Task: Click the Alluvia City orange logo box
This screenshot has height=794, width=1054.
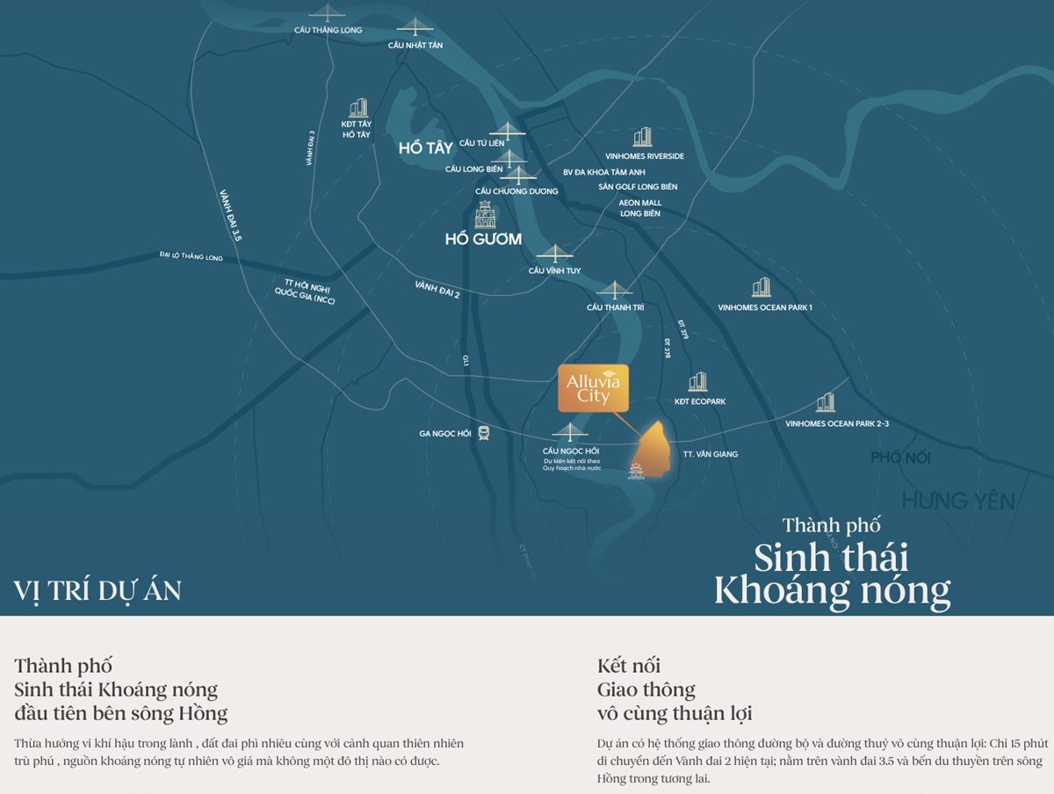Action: tap(593, 387)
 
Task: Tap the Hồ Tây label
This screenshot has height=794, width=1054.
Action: tap(425, 148)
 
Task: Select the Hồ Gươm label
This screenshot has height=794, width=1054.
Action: tap(483, 239)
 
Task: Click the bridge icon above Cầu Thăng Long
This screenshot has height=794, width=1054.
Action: tap(328, 13)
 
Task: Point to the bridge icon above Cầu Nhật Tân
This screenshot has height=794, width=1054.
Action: tap(415, 28)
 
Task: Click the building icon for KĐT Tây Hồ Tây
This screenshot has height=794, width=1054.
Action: tap(357, 108)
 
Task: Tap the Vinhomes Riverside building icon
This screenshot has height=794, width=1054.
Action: tap(643, 137)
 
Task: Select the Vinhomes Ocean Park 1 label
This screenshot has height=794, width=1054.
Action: tap(765, 307)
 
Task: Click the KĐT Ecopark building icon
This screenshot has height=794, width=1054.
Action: tap(697, 382)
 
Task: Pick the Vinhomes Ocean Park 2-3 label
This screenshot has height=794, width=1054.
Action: tap(837, 424)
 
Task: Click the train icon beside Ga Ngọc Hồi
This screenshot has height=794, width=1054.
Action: tap(484, 433)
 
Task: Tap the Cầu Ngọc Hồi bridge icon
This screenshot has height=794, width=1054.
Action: tap(570, 431)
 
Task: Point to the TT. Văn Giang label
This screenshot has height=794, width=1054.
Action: tap(711, 454)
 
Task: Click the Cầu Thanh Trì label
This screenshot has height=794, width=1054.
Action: tap(615, 307)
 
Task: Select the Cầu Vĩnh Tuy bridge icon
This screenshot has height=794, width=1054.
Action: tap(554, 254)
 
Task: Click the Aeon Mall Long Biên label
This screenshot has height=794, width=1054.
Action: tap(640, 208)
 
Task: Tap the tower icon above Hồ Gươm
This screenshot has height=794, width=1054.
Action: tap(485, 214)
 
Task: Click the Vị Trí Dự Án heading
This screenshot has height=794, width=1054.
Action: tap(97, 591)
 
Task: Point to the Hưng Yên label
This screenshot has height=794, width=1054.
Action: tap(958, 502)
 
